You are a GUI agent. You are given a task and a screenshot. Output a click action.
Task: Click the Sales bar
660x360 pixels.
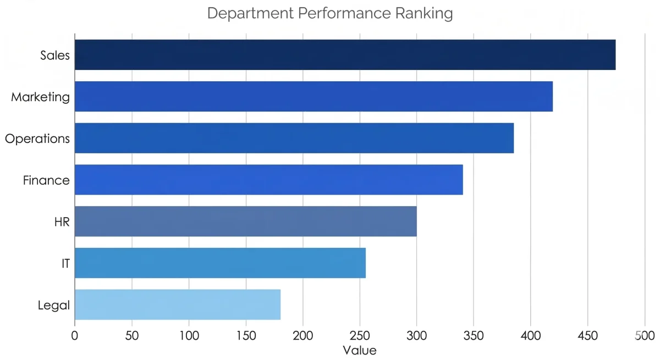pos(345,55)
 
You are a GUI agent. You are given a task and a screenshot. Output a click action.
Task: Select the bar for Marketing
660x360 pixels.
pos(313,97)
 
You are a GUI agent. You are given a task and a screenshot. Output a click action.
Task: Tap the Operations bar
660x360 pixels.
pos(294,138)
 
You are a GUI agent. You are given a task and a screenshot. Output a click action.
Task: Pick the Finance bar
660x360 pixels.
pos(268,180)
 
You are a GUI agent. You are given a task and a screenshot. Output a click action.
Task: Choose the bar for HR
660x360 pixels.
pos(245,221)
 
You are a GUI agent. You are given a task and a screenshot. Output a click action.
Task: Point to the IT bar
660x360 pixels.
pos(220,263)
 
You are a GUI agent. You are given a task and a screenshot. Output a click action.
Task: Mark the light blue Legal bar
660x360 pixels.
pos(177,304)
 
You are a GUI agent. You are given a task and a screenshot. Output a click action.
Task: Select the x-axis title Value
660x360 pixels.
pos(359,350)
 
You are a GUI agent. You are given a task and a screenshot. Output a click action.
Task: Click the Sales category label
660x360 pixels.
pos(55,55)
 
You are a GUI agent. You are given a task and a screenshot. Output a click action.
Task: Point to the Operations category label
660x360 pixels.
pos(37,139)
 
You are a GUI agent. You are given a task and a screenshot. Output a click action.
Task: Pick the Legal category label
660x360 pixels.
pos(54,305)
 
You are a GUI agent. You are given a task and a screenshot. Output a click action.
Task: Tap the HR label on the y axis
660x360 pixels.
pos(62,221)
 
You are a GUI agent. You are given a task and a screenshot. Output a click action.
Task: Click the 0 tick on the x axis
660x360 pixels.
pos(75,335)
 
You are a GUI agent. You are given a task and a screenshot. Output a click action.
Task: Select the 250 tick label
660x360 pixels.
pos(359,335)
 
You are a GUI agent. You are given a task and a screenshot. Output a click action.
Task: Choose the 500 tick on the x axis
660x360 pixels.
pos(644,335)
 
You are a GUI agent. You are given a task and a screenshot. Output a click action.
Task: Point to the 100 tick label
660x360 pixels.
pos(189,335)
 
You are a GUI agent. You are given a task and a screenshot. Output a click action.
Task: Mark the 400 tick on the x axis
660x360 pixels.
pos(530,335)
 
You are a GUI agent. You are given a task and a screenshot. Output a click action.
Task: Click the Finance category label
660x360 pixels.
pos(46,180)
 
